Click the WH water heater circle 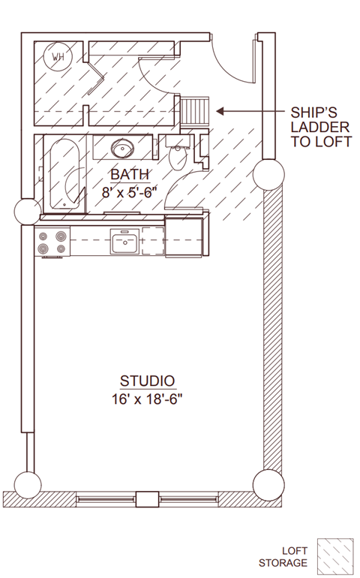(58, 56)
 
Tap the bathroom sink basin (123, 149)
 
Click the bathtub (64, 173)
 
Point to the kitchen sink (125, 241)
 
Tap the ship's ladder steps (195, 111)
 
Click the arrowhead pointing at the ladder (220, 111)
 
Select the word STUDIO (148, 381)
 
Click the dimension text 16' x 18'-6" (148, 399)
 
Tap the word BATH (130, 174)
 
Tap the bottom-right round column (268, 485)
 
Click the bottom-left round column (28, 485)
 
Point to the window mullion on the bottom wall (148, 499)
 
